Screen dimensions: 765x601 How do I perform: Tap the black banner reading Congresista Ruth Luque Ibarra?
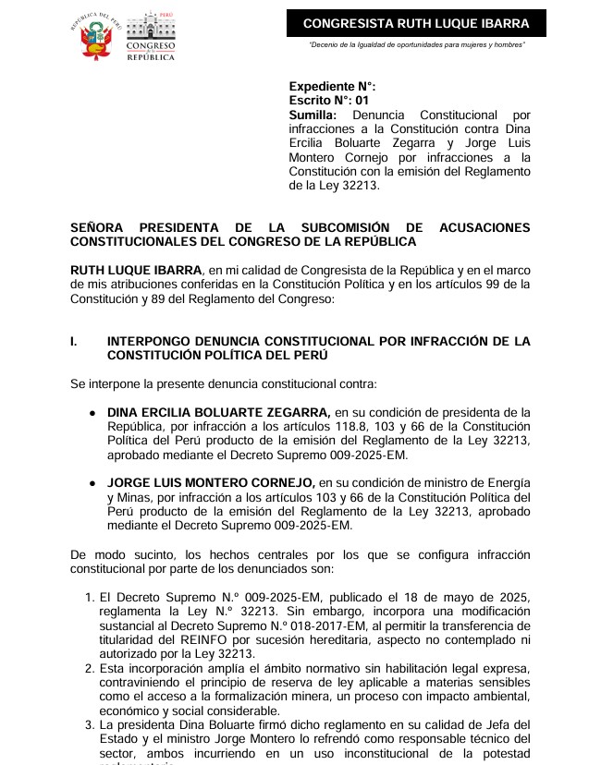point(416,23)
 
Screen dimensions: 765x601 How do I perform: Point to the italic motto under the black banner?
point(417,44)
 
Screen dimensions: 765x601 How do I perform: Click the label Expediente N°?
point(332,86)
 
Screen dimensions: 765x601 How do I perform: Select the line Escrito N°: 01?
point(329,100)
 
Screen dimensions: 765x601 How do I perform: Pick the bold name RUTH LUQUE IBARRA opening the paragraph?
point(129,270)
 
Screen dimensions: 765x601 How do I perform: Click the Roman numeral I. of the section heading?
point(74,342)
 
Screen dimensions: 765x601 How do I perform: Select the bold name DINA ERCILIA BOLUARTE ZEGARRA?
point(218,412)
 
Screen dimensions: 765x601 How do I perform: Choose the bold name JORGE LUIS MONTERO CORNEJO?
point(211,483)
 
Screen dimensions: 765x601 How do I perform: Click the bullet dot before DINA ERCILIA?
point(92,413)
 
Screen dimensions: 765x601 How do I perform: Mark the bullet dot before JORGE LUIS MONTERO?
point(92,484)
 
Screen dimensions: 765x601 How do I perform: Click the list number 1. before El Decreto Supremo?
point(90,598)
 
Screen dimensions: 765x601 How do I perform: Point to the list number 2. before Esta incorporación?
point(90,668)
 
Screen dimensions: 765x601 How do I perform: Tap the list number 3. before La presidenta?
point(90,724)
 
